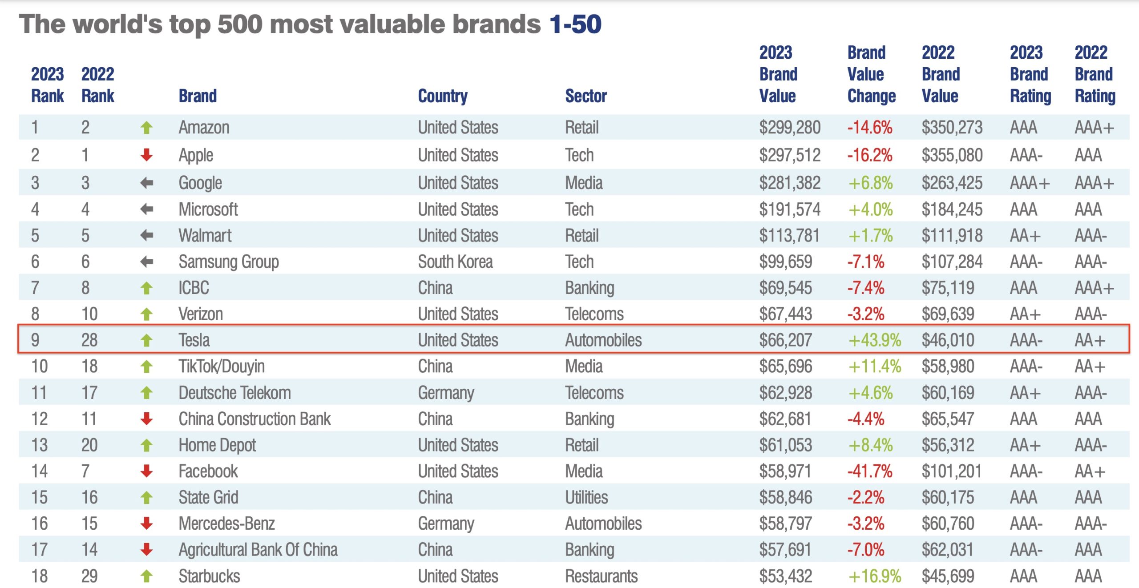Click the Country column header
click(x=442, y=96)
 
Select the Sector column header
click(x=586, y=96)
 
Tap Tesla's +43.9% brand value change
click(x=874, y=340)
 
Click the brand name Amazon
click(x=204, y=128)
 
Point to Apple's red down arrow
click(x=146, y=155)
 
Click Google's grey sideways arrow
click(x=146, y=183)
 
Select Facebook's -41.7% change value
click(x=869, y=471)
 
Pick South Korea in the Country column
click(x=455, y=262)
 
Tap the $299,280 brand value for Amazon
click(x=789, y=128)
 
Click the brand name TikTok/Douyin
click(x=222, y=366)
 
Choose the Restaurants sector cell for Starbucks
click(x=601, y=576)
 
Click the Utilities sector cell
click(x=586, y=497)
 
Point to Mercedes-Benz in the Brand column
click(x=226, y=524)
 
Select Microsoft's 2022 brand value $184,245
click(x=952, y=209)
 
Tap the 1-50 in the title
click(x=575, y=24)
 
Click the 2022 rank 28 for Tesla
click(x=89, y=340)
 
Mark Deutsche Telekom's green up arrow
click(x=146, y=393)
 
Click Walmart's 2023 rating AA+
click(x=1025, y=235)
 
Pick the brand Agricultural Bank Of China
click(x=258, y=550)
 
